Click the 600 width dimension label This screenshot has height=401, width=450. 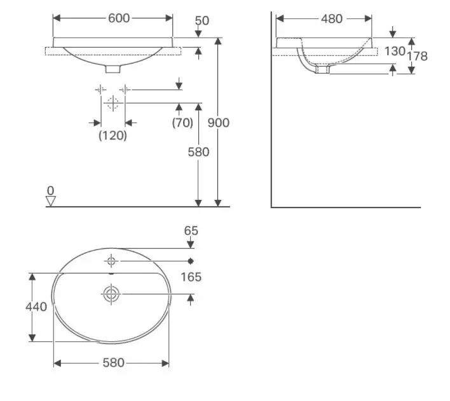coord(119,18)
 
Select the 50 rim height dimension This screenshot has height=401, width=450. coord(202,21)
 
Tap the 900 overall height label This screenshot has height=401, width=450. coord(219,123)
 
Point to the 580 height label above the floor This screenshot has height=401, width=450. coord(198,151)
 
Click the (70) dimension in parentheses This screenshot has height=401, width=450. coord(182,123)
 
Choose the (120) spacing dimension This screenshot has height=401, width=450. coord(112,135)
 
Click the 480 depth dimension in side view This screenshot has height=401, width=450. coord(332,19)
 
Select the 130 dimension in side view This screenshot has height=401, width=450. coord(395,51)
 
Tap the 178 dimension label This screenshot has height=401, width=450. coord(418,56)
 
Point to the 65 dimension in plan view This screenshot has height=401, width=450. coord(191,230)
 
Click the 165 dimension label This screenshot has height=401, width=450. coord(191,277)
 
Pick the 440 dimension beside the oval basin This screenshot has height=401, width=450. coord(36,307)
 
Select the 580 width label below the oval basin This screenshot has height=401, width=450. coord(114,363)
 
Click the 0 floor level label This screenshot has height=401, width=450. coord(50,191)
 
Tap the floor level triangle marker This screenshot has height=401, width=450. coord(50,201)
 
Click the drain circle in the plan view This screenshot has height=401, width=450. coord(111,294)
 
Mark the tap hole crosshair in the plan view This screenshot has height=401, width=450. coord(111,261)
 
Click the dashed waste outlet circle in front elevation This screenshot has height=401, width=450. coord(112,103)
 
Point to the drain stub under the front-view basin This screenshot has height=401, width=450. coord(112,69)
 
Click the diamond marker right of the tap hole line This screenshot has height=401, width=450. coord(191,261)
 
